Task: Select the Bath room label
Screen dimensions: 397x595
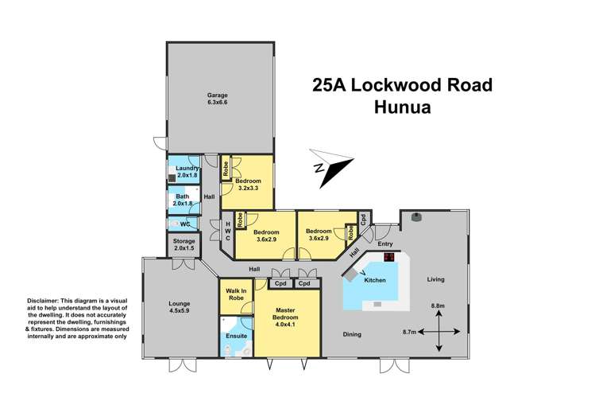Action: [x=183, y=199]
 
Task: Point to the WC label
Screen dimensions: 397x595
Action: [x=184, y=224]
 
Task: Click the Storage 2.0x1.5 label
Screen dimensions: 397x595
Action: [x=183, y=245]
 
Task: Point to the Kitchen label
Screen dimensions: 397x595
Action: [x=375, y=281]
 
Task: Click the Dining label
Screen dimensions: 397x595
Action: [x=352, y=334]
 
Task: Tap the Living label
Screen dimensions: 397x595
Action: [x=435, y=279]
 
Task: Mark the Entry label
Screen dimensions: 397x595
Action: [x=385, y=244]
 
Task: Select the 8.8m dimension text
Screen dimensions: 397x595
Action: [x=438, y=306]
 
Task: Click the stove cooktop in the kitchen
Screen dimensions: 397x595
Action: [x=389, y=257]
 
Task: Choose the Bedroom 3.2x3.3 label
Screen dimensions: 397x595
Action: [x=249, y=185]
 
